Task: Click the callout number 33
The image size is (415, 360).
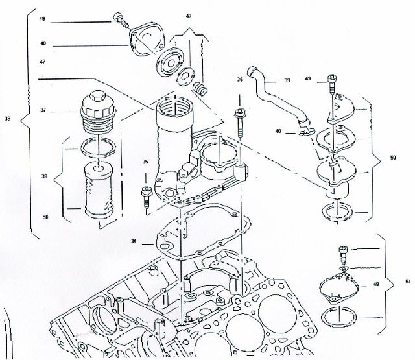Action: tap(7, 119)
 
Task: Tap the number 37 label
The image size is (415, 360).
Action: tap(43, 110)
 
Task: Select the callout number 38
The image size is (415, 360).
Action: tap(43, 176)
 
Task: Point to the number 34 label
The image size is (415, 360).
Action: tap(134, 241)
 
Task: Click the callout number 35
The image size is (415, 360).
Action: tap(145, 162)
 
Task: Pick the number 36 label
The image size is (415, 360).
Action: tap(239, 80)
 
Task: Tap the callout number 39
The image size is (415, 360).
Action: tap(287, 81)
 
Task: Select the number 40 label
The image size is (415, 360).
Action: tap(278, 131)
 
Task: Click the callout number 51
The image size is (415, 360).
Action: tap(407, 281)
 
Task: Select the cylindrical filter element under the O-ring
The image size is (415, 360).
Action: tap(96, 192)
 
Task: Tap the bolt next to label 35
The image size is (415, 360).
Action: tap(145, 194)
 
